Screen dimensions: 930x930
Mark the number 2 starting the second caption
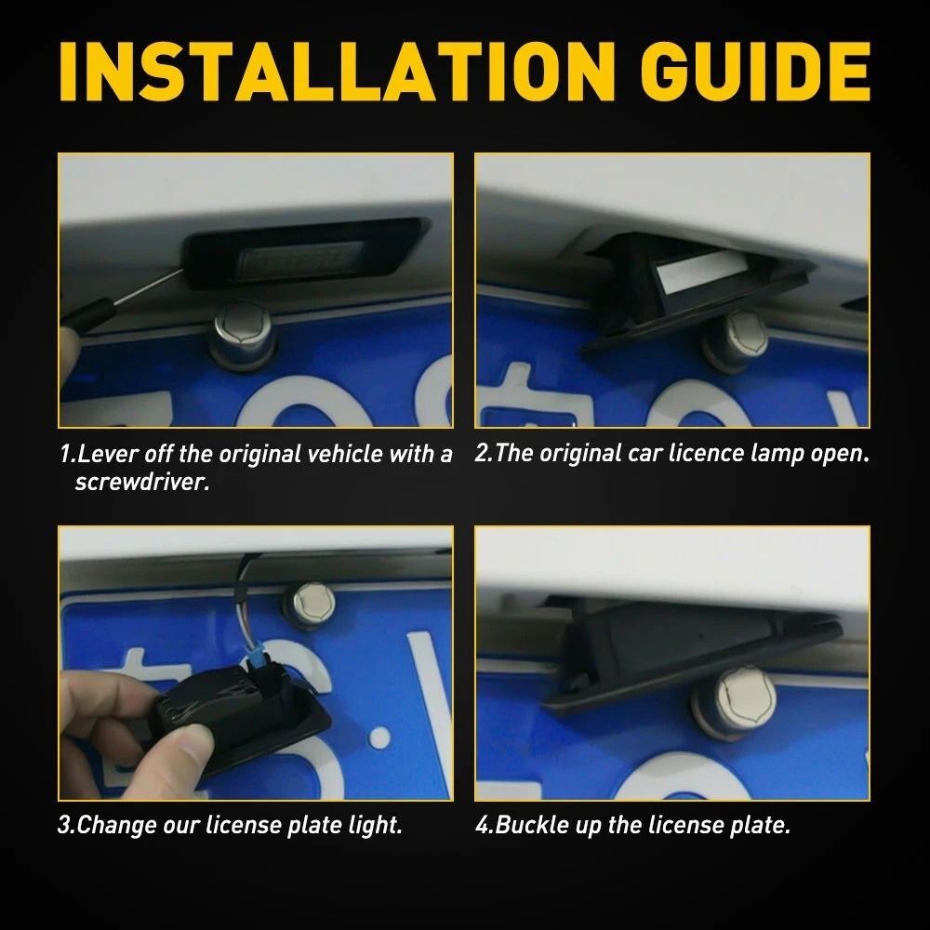tap(481, 455)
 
